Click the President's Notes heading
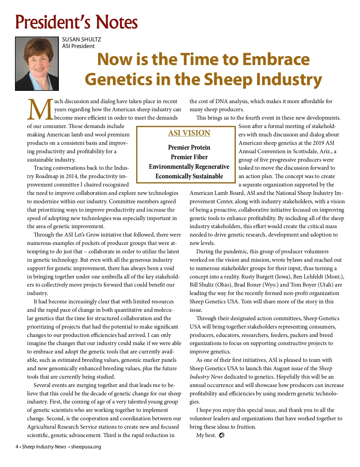pyautogui.click(x=76, y=22)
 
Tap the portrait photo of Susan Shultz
pyautogui.click(x=37, y=64)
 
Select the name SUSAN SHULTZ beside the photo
pyautogui.click(x=81, y=40)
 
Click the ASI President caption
pyautogui.click(x=78, y=46)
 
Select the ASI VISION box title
pyautogui.click(x=189, y=133)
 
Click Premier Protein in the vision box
pyautogui.click(x=189, y=147)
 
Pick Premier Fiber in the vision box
pyautogui.click(x=189, y=157)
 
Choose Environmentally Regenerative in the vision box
pyautogui.click(x=189, y=167)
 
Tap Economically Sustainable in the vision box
pyautogui.click(x=189, y=176)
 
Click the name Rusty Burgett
pyautogui.click(x=257, y=277)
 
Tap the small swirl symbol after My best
pyautogui.click(x=222, y=435)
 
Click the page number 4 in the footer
pyautogui.click(x=17, y=447)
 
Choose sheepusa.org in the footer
pyautogui.click(x=86, y=447)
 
